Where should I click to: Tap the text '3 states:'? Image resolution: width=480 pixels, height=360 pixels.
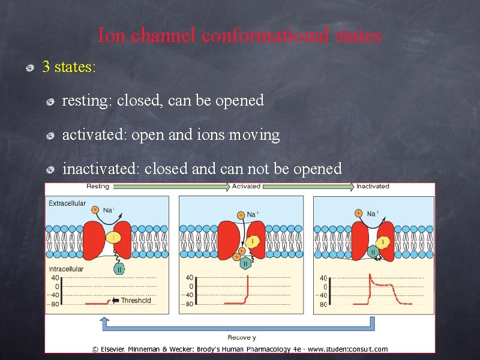(69, 67)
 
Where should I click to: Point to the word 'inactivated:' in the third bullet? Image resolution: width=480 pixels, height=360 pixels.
(101, 169)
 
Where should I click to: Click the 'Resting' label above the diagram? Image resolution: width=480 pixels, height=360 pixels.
(98, 187)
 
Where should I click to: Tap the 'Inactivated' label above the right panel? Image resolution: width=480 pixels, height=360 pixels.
(373, 187)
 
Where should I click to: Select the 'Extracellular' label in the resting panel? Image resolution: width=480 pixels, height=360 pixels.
(67, 203)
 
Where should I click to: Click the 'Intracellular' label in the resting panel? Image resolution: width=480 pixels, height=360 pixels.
(66, 269)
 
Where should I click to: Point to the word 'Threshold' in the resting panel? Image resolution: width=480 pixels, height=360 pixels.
(136, 301)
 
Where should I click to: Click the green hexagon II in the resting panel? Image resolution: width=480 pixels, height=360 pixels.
(119, 270)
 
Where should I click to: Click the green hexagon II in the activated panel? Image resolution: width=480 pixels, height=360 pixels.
(246, 263)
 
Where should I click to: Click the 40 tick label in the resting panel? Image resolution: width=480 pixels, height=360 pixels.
(55, 277)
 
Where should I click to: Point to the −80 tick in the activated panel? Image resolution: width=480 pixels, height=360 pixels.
(189, 304)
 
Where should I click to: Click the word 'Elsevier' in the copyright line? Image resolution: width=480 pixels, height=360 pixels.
(119, 349)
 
